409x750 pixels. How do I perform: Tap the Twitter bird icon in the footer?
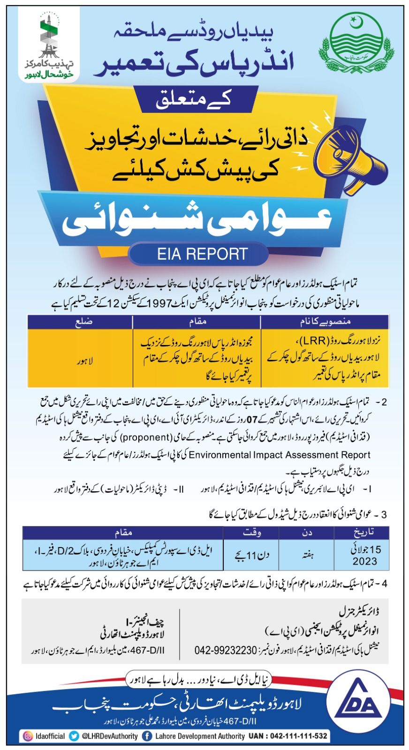pos(73,736)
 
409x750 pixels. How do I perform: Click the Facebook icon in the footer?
pos(147,736)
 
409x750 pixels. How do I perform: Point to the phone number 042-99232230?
pos(226,651)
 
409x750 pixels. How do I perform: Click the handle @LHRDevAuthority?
pos(109,736)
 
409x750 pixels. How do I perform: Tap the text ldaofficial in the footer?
pos(49,736)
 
